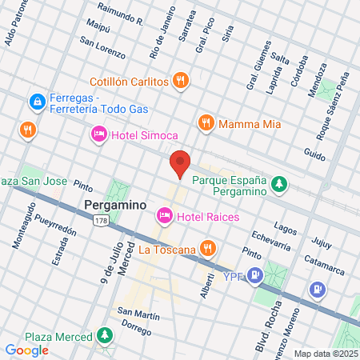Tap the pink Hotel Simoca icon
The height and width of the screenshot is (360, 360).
point(99,134)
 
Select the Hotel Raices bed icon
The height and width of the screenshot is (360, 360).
point(164,215)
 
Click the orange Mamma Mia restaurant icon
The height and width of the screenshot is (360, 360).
point(206,122)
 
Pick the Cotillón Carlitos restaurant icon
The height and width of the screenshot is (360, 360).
point(182,80)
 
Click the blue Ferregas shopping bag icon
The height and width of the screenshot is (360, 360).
point(36,102)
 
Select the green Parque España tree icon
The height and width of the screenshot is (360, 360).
point(279,185)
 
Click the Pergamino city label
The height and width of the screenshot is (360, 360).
point(115,205)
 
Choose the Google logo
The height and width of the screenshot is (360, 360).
point(26,350)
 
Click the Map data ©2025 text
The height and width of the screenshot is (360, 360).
point(324,353)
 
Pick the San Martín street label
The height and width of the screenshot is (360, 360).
point(134,311)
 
